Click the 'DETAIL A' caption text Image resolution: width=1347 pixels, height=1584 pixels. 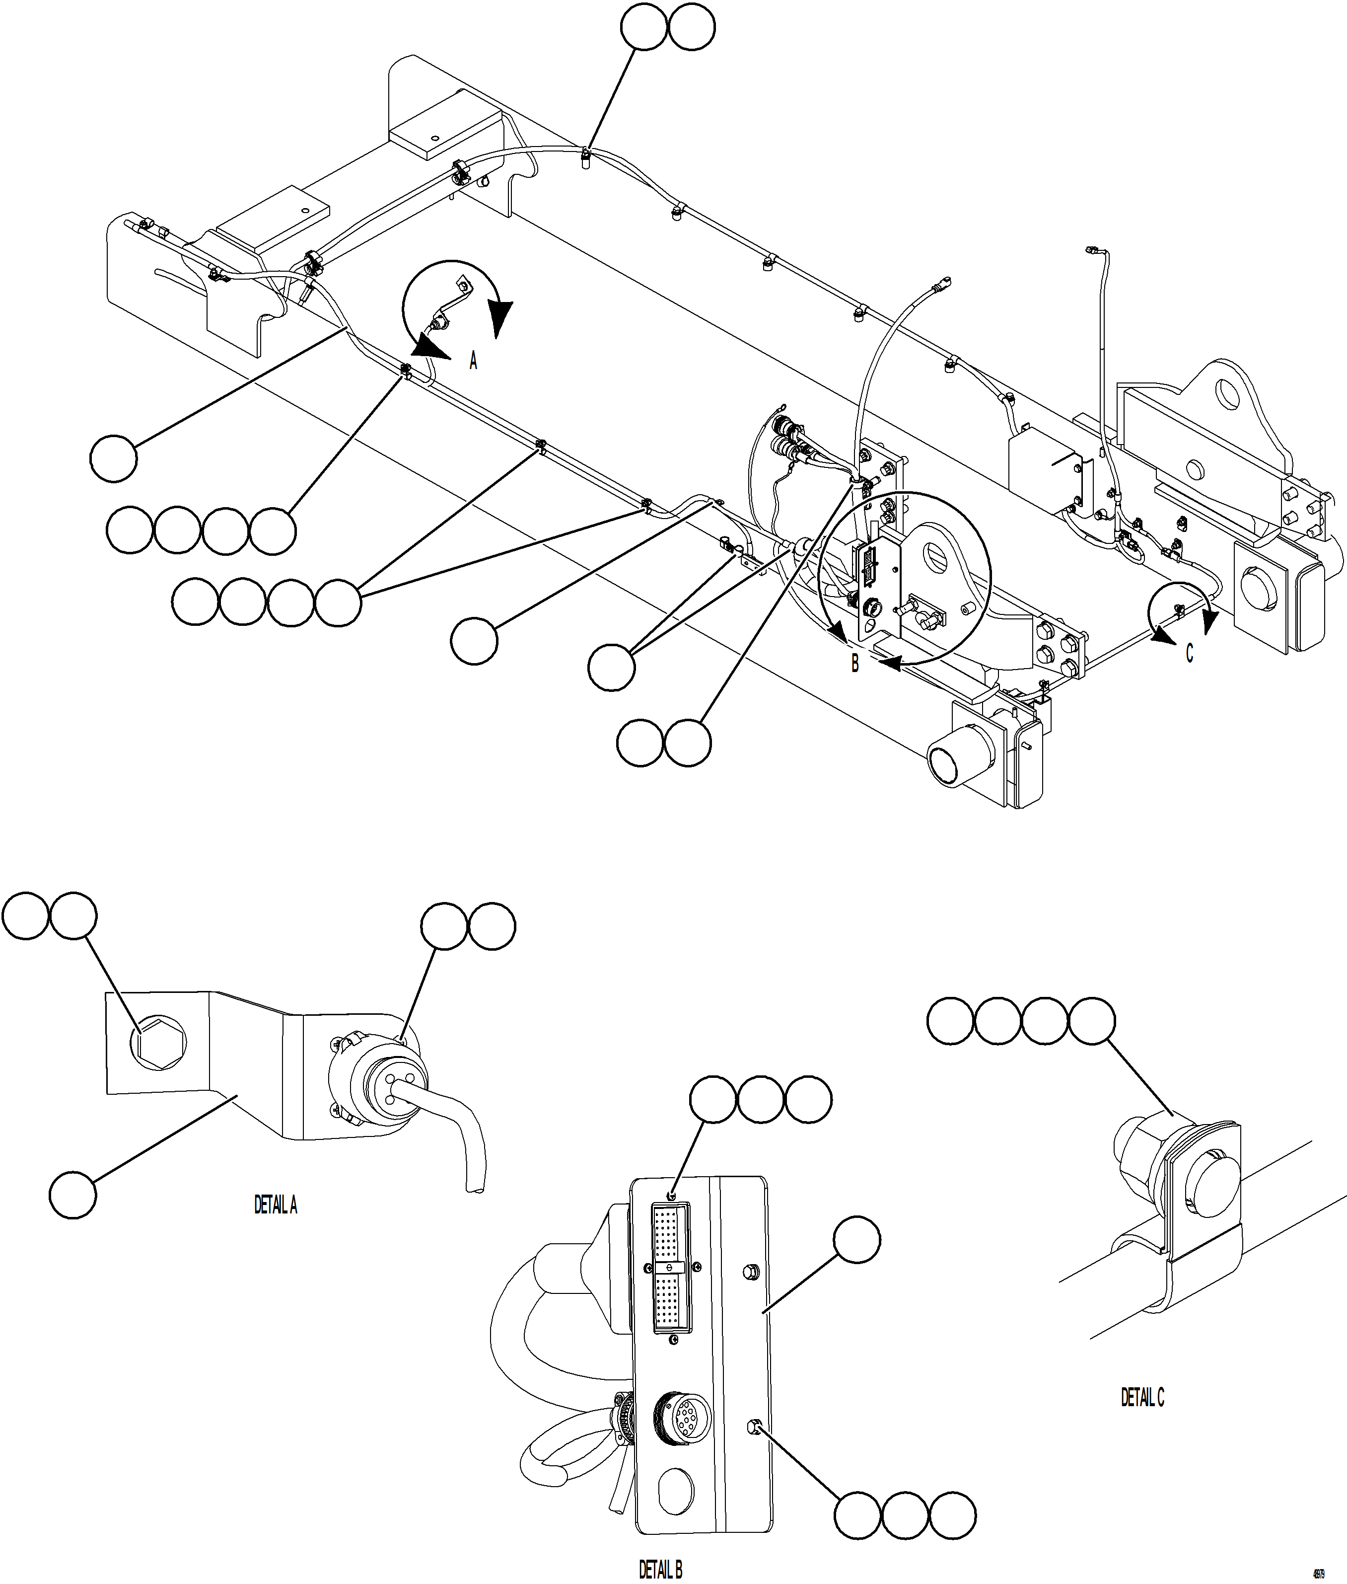coord(276,1205)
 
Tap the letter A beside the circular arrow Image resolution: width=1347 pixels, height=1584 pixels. coord(474,361)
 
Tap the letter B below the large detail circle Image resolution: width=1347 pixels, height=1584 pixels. coord(855,664)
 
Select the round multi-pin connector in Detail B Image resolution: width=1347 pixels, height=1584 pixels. coord(683,1418)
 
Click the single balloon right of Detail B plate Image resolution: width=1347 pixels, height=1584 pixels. coord(857,1240)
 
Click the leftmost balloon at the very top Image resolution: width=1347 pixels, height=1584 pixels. coord(644,27)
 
